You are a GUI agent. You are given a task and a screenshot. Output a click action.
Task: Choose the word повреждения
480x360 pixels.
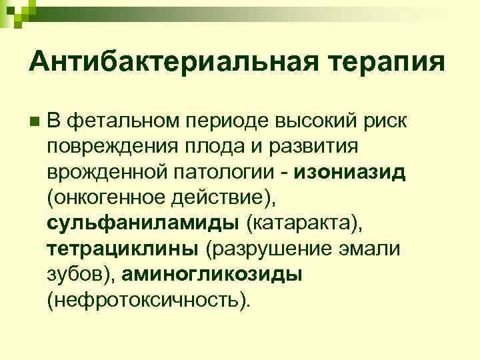point(105,147)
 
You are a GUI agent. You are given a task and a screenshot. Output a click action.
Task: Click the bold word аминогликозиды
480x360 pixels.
point(217,274)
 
